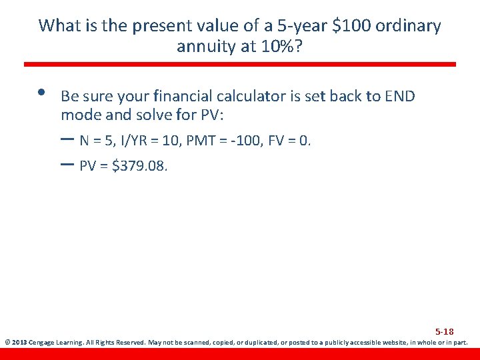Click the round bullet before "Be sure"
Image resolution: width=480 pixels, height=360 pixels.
click(42, 93)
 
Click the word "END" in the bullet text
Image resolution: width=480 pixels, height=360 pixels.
click(400, 96)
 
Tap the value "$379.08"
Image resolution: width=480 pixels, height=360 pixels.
click(140, 166)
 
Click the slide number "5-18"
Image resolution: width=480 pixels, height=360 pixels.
click(445, 331)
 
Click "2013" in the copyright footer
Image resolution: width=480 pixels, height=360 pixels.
click(19, 343)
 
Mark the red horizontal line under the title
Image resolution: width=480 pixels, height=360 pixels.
click(240, 65)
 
